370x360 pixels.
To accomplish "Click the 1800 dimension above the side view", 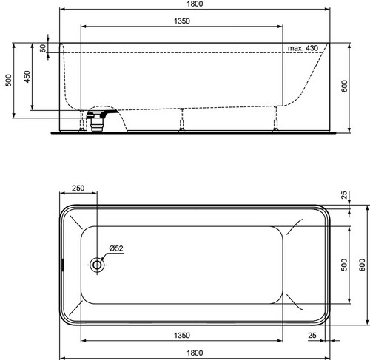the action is click(195, 4).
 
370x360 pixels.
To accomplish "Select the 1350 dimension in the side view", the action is click(182, 21).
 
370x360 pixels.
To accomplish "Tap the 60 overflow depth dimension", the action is click(43, 48).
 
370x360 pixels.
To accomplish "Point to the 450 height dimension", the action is click(27, 77).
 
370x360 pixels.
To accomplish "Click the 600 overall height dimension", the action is click(344, 86).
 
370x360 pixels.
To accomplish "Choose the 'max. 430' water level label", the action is click(303, 48).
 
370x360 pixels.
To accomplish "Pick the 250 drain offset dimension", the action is click(78, 188).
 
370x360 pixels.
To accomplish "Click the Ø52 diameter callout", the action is click(116, 248).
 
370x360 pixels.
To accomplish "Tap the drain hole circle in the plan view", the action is click(97, 265).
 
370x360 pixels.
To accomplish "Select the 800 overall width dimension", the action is click(362, 265).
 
